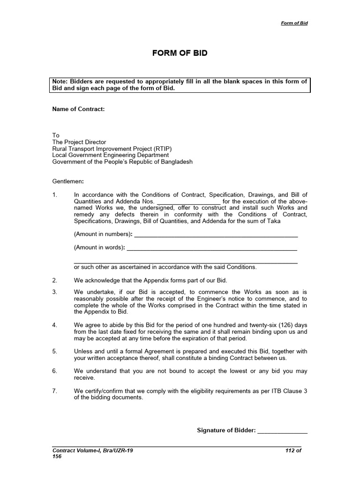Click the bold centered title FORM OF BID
(180, 53)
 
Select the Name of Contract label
(78, 109)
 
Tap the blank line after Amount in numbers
(216, 234)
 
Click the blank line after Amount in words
(212, 247)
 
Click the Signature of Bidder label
(226, 430)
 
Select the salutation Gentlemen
(68, 181)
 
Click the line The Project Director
(79, 142)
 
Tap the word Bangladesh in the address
(174, 162)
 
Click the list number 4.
(54, 325)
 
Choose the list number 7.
(54, 390)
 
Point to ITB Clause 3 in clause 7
(285, 390)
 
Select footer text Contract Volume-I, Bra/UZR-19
(92, 450)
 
